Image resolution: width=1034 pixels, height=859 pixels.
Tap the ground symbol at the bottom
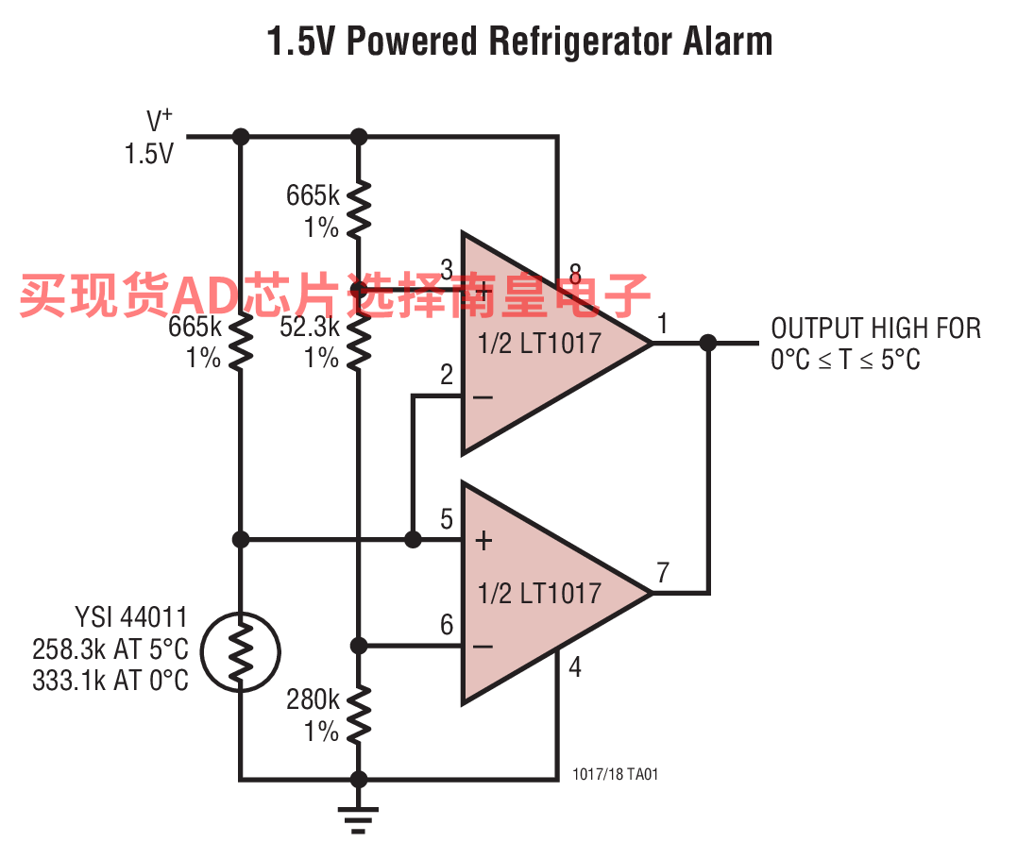click(x=358, y=818)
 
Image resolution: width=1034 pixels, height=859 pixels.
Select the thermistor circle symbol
click(x=241, y=652)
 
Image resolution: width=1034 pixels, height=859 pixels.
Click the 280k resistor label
click(x=313, y=699)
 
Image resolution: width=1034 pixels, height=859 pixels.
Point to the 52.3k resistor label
click(x=310, y=327)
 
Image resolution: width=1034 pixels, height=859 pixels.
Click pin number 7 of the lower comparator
click(x=663, y=572)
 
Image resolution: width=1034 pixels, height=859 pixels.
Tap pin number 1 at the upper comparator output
click(x=663, y=324)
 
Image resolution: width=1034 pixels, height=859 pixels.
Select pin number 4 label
click(x=575, y=667)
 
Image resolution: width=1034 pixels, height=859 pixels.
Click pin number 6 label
click(x=447, y=624)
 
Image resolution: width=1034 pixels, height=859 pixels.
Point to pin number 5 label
click(x=447, y=519)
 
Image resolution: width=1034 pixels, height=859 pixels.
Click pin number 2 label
click(x=447, y=375)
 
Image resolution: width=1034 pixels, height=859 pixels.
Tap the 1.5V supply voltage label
click(x=149, y=154)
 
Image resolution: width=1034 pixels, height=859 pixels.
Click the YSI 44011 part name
click(x=131, y=617)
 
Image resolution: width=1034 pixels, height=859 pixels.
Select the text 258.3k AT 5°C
click(x=110, y=649)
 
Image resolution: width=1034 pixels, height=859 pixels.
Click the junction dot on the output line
click(x=707, y=343)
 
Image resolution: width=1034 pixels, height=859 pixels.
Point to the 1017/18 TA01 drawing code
click(x=616, y=774)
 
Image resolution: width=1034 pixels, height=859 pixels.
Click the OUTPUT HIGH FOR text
click(x=875, y=328)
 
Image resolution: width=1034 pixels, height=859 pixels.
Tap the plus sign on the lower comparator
click(x=483, y=541)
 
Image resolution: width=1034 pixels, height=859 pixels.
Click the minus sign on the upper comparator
click(x=483, y=396)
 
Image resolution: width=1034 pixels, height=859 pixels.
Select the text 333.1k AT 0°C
click(x=110, y=681)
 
